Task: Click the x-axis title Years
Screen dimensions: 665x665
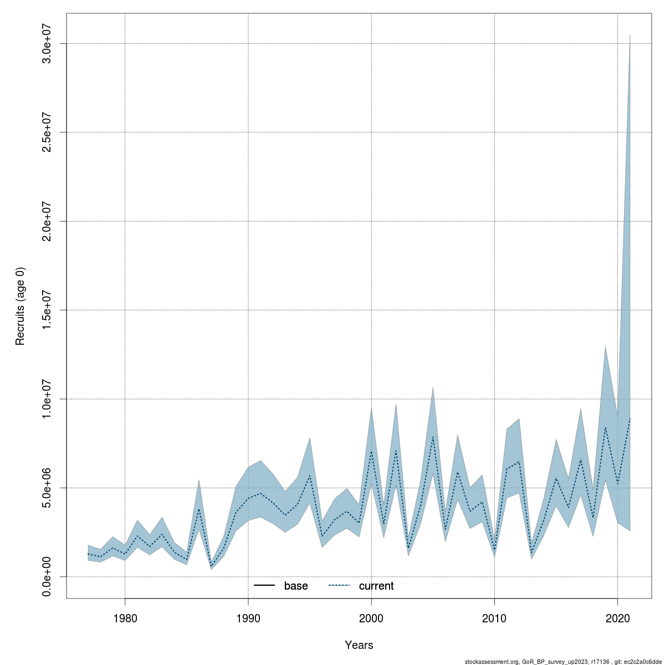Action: [x=359, y=645]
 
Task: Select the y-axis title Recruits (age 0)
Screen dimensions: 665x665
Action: [x=21, y=306]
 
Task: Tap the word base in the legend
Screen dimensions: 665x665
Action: [x=296, y=586]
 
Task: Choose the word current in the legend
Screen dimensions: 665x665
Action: [x=376, y=586]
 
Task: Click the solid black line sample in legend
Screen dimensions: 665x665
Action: [x=264, y=586]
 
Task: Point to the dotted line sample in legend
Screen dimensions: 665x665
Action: [x=339, y=586]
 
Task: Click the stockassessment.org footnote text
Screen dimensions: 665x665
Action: [x=562, y=661]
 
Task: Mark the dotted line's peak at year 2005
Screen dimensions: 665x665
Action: [x=433, y=437]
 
